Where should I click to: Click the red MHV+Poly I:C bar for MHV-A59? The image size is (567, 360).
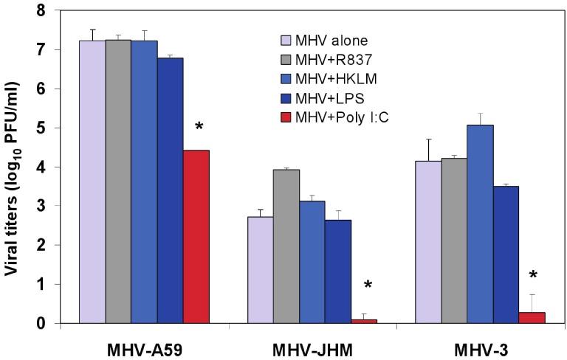(196, 236)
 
